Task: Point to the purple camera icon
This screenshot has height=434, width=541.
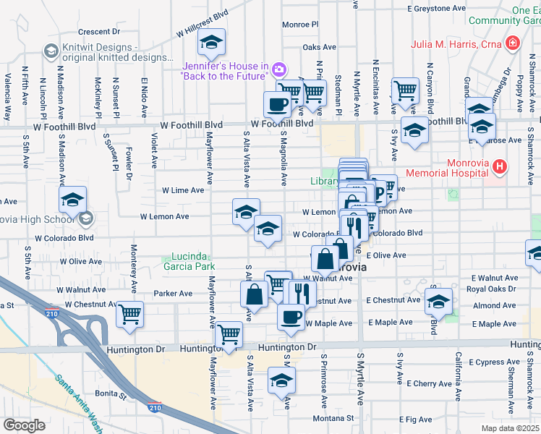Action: point(278,69)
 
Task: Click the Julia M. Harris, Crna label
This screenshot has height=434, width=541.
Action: point(457,43)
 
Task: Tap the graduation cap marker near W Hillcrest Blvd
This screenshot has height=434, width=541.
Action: point(212,43)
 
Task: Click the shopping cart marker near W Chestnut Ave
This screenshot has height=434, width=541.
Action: point(130,314)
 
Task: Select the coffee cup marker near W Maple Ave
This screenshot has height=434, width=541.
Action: point(291,317)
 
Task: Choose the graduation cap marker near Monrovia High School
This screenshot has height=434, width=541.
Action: point(72,200)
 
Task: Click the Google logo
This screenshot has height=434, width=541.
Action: point(25,425)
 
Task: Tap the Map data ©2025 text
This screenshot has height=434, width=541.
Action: point(509,428)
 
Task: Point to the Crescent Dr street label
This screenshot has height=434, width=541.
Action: point(98,32)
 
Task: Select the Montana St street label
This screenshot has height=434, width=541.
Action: point(333,418)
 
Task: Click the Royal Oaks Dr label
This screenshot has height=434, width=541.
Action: point(491,289)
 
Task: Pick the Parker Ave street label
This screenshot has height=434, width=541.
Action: point(174,294)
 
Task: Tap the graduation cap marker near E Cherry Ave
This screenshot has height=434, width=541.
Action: point(281,380)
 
